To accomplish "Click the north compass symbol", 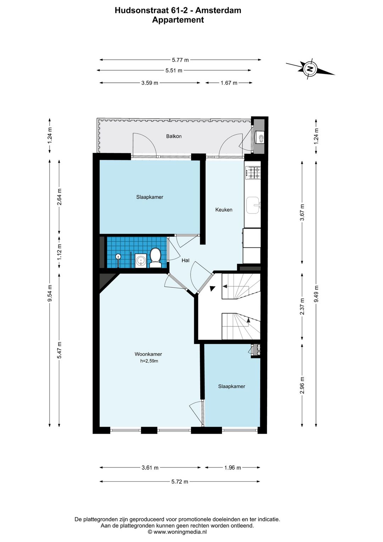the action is (310, 69).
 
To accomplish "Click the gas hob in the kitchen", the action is (253, 173).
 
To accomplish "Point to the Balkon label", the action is (174, 136).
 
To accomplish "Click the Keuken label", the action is (224, 210).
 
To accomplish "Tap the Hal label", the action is (185, 260).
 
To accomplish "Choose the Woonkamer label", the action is (148, 354).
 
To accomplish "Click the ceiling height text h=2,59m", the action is (149, 361).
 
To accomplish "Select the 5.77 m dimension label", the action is (180, 60).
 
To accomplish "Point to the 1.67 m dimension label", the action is (229, 83).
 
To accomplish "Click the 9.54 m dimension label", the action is (50, 293).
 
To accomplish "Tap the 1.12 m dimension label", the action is (60, 251).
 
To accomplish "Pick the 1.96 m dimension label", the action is (232, 467).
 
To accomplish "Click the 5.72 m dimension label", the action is (180, 482).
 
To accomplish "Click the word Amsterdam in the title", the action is (218, 10).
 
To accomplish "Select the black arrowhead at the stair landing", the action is (212, 288).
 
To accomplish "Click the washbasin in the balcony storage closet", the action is (261, 137).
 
